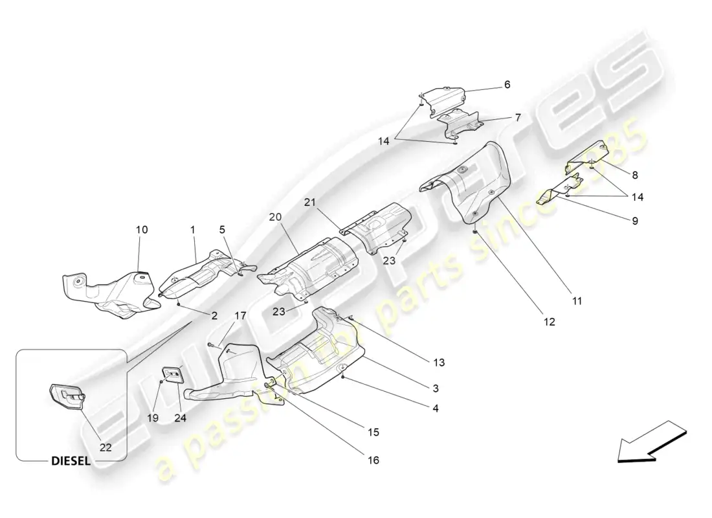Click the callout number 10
(142, 229)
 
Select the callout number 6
(507, 84)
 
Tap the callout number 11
(577, 300)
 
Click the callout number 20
(276, 217)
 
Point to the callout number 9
(635, 220)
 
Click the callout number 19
(153, 418)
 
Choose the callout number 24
(180, 418)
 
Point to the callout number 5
(222, 229)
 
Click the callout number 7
(517, 118)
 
